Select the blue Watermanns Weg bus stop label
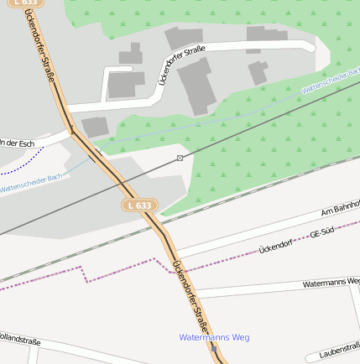click(214, 337)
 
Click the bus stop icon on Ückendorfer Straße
click(214, 349)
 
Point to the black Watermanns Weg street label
click(331, 283)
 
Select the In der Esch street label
click(18, 143)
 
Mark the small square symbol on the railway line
click(180, 158)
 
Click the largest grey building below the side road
click(195, 86)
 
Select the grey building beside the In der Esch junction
click(95, 127)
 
